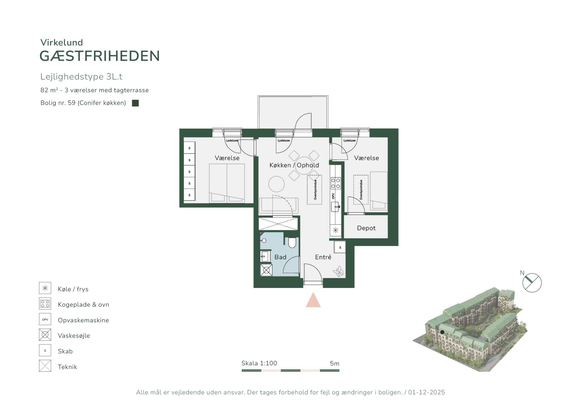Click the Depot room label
(366, 228)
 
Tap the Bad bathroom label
(280, 257)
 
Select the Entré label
(323, 257)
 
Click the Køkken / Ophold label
(294, 165)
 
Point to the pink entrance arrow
(313, 301)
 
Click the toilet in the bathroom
(292, 242)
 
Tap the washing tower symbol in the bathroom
(266, 270)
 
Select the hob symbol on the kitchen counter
(336, 183)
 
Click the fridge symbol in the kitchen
(336, 230)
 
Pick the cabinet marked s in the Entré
(340, 247)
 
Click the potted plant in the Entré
(338, 272)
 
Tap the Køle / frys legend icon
(45, 288)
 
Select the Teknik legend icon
(45, 366)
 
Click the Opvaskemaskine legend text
(83, 320)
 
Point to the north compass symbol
(532, 283)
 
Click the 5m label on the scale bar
(335, 363)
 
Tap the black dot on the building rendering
(442, 332)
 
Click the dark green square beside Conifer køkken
(135, 103)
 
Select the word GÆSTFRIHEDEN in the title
(100, 56)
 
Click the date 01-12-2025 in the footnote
(426, 392)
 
